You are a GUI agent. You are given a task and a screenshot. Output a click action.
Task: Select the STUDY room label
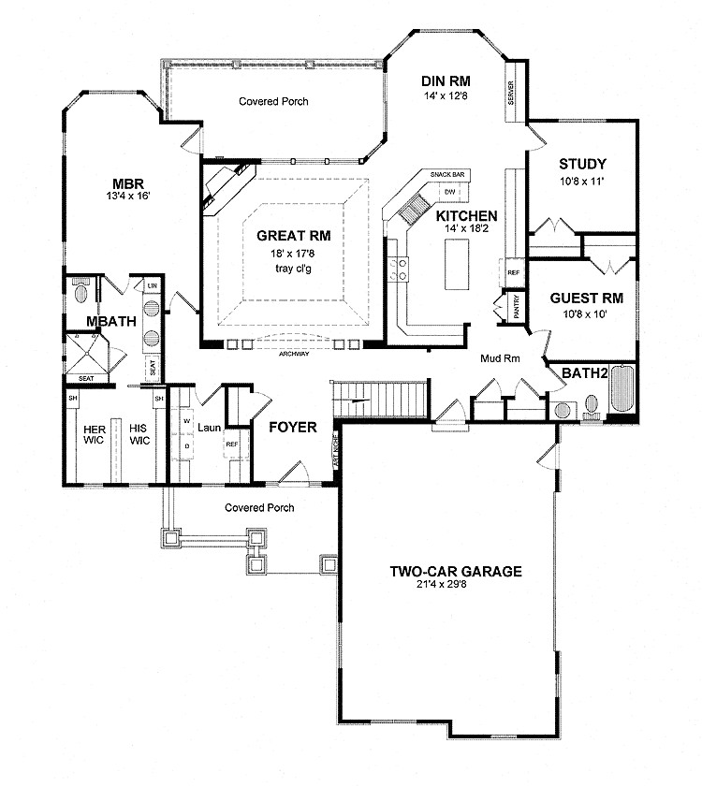(582, 164)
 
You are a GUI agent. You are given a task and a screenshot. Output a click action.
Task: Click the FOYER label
(292, 428)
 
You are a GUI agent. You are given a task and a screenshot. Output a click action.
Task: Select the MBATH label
(112, 322)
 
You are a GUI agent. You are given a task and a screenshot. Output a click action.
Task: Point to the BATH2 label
(585, 373)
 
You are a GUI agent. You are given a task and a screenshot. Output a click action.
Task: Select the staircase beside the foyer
(381, 401)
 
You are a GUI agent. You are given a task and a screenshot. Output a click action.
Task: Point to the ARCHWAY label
(293, 355)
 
